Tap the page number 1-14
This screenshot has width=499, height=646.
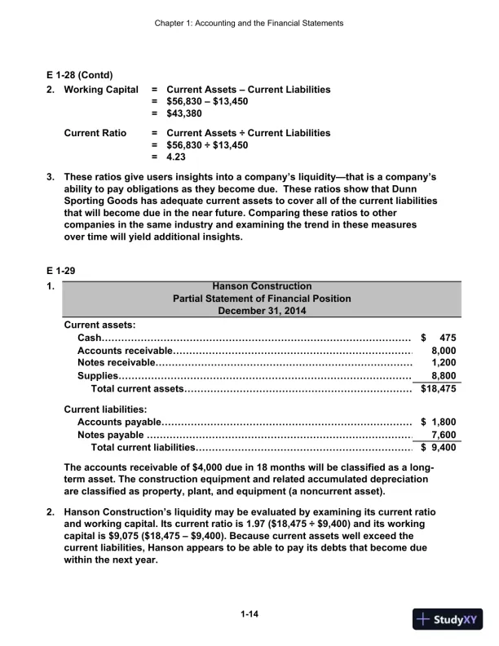coord(250,613)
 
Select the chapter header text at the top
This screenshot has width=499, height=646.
coord(249,23)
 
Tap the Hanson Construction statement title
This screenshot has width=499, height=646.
coord(261,286)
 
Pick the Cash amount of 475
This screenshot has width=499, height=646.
coord(446,338)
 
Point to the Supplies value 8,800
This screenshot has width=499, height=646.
coord(443,376)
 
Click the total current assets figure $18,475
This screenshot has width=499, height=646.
coord(438,389)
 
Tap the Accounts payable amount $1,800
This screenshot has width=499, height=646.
coord(438,422)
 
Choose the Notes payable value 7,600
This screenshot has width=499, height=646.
coord(443,435)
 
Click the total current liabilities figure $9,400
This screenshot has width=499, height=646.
coord(439,448)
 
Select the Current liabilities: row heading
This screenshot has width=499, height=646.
coord(105,408)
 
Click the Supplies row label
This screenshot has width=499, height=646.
coord(98,376)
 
